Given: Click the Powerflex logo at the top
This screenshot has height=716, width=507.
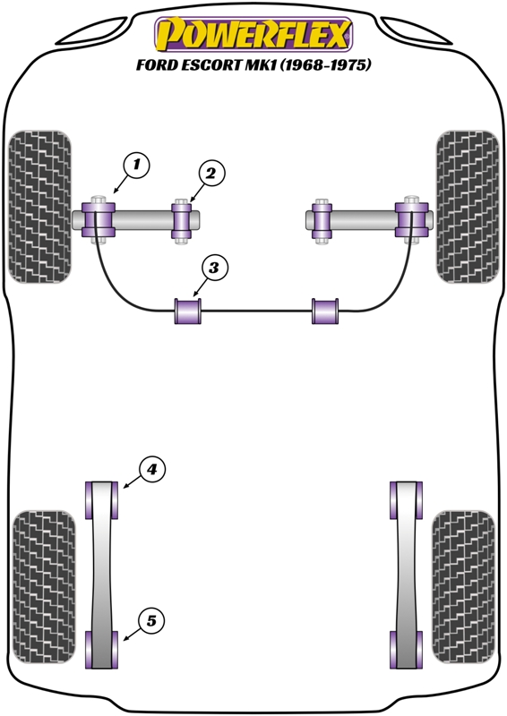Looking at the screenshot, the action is point(253,34).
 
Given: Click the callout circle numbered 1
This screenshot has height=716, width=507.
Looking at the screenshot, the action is point(136,165).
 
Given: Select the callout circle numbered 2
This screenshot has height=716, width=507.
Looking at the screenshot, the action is point(211,174).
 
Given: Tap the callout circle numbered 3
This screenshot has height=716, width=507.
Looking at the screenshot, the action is point(213,268).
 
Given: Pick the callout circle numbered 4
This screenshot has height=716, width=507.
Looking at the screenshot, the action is point(151,469).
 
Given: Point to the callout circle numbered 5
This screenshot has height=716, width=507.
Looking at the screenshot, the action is point(151,621).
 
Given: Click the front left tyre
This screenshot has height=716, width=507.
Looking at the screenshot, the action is point(40,207).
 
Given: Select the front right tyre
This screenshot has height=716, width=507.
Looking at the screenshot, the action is point(468,207).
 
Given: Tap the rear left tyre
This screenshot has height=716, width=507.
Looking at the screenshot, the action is point(44,587).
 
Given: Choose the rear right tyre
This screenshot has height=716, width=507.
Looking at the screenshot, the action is point(463,587).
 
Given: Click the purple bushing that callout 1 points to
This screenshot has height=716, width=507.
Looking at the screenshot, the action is point(98,219).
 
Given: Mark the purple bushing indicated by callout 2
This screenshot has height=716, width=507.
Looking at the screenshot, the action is point(182,221).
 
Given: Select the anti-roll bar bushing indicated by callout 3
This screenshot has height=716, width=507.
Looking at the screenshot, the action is point(188,311).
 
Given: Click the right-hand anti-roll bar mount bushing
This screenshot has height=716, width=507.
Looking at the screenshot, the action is point(325,311).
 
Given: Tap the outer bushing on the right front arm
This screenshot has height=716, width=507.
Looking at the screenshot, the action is point(411,219).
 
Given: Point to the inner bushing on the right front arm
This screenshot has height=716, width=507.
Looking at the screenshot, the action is point(322,221).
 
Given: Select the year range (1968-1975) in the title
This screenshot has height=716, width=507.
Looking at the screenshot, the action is point(325,64).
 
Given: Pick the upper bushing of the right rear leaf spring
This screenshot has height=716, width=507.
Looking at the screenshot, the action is point(406,500).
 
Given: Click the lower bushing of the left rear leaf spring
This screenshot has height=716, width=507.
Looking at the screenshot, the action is point(101,650).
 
